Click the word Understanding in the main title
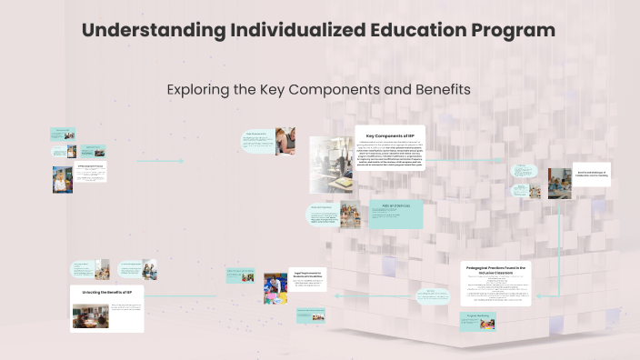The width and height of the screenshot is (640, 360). (x=151, y=30)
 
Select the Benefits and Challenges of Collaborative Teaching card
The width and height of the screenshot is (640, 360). (x=591, y=173)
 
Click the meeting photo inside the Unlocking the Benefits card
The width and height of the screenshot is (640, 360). (x=91, y=315)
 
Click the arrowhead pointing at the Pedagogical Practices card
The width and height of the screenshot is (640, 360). (x=536, y=295)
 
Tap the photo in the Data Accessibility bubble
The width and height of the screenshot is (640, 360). (x=285, y=141)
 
